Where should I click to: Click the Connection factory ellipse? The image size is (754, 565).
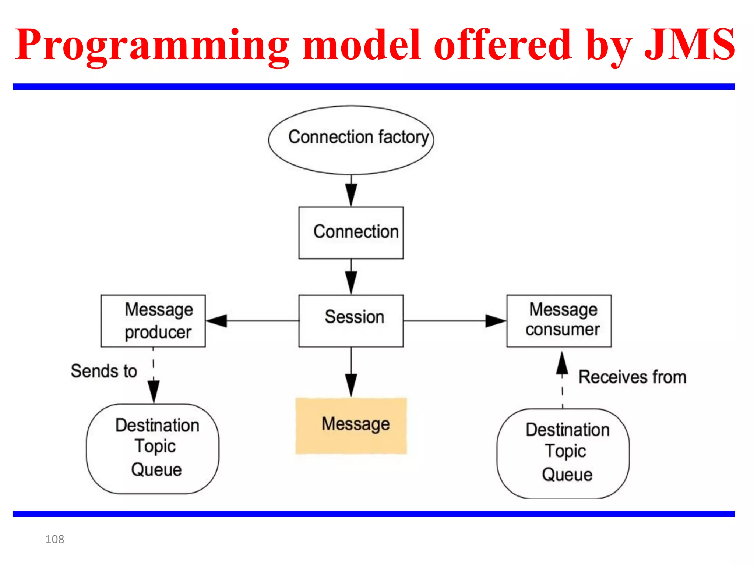pyautogui.click(x=351, y=140)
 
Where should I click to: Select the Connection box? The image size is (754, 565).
pyautogui.click(x=351, y=232)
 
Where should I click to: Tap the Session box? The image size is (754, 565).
pyautogui.click(x=351, y=320)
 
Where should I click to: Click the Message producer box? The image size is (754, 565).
pyautogui.click(x=153, y=320)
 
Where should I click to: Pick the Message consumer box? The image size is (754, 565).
pyautogui.click(x=559, y=320)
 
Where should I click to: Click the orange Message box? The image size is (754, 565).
pyautogui.click(x=351, y=426)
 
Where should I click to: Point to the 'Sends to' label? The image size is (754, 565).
pyautogui.click(x=104, y=371)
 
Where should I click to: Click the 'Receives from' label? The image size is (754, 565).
pyautogui.click(x=632, y=377)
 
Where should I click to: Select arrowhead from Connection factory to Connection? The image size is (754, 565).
pyautogui.click(x=351, y=195)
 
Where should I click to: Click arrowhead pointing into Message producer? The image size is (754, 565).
pyautogui.click(x=217, y=321)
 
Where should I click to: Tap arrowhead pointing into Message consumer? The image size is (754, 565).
pyautogui.click(x=495, y=321)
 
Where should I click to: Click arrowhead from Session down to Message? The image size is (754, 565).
pyautogui.click(x=351, y=385)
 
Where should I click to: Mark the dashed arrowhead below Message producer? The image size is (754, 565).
pyautogui.click(x=154, y=391)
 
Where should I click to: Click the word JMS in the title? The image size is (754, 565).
pyautogui.click(x=689, y=45)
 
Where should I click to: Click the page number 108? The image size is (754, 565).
pyautogui.click(x=54, y=539)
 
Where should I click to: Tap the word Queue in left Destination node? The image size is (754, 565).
pyautogui.click(x=156, y=470)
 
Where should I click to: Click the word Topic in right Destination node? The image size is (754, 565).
pyautogui.click(x=565, y=451)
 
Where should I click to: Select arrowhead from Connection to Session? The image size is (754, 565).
pyautogui.click(x=351, y=282)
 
